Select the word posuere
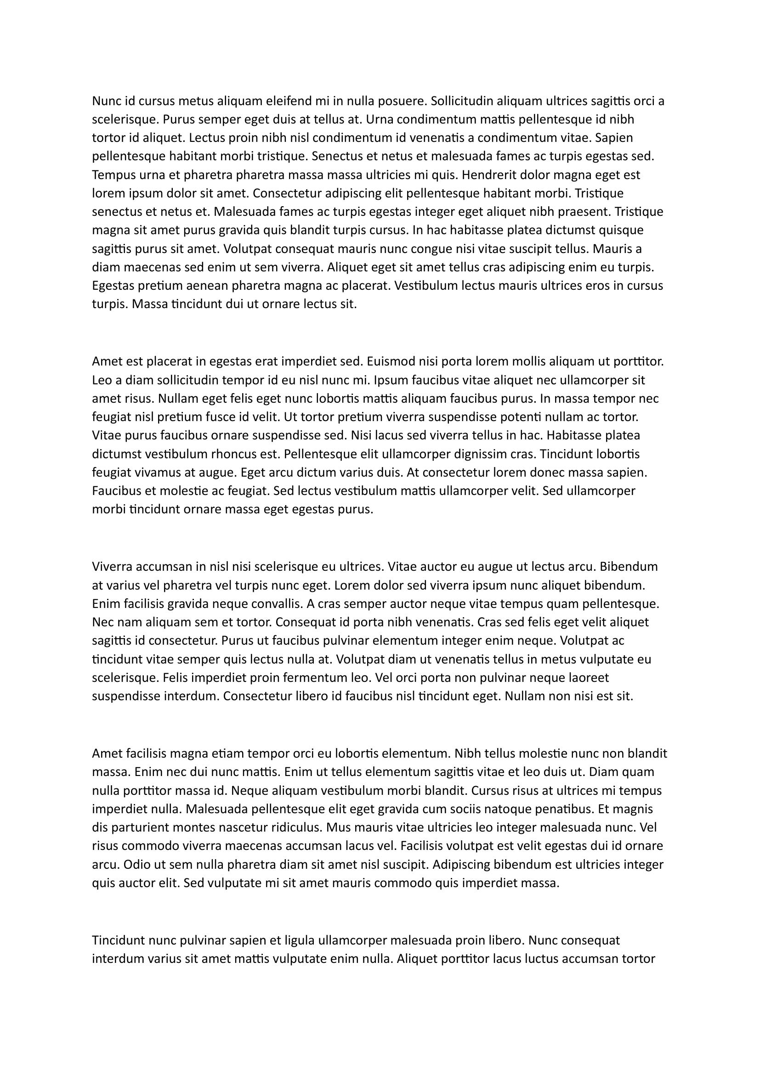coord(402,101)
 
